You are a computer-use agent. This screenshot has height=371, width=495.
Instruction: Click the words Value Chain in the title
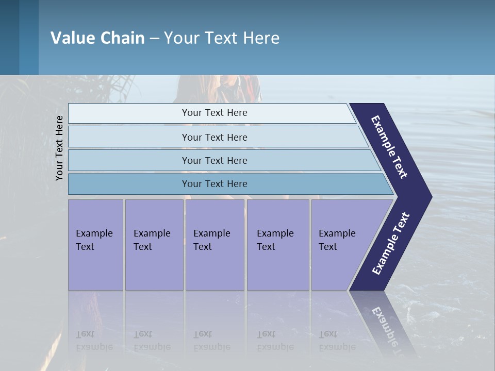click(x=97, y=38)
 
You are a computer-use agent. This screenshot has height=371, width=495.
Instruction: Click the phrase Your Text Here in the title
click(x=222, y=38)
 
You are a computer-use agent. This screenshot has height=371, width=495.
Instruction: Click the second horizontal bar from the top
click(x=214, y=137)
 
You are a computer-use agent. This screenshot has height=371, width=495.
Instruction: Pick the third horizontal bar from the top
click(x=214, y=160)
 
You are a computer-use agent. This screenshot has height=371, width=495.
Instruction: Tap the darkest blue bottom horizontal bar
click(x=214, y=184)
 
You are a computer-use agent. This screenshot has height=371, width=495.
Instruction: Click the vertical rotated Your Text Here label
click(x=59, y=148)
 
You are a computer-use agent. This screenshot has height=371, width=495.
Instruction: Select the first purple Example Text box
click(x=95, y=245)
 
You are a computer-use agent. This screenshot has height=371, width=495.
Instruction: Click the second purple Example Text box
click(x=154, y=245)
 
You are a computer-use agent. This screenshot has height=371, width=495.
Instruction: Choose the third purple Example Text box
click(x=214, y=245)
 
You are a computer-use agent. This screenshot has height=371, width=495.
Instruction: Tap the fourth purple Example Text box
click(x=277, y=245)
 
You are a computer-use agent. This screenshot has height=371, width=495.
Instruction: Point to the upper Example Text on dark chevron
click(x=389, y=147)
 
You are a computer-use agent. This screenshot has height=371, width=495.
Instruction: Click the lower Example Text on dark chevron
click(x=390, y=244)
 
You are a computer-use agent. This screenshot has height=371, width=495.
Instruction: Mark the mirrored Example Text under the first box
click(x=94, y=341)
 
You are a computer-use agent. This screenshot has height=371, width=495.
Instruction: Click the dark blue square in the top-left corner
click(x=9, y=37)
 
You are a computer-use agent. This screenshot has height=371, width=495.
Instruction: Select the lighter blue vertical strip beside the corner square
click(x=29, y=37)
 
